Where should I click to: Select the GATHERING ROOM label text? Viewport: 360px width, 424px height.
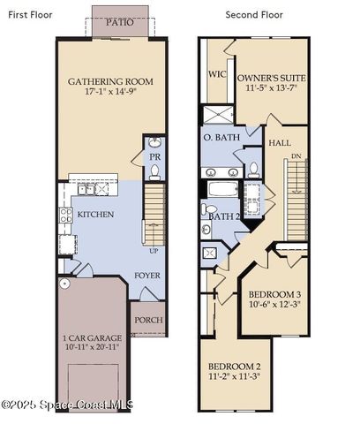click(x=110, y=81)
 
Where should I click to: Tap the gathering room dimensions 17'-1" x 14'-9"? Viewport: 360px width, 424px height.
click(x=110, y=92)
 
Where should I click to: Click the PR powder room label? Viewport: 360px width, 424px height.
click(x=154, y=156)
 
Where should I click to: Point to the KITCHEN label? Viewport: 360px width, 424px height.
click(x=95, y=215)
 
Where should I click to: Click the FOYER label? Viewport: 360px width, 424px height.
click(x=146, y=275)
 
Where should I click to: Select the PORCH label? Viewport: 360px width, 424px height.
click(x=148, y=320)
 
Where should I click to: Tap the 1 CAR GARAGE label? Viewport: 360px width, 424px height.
click(x=91, y=338)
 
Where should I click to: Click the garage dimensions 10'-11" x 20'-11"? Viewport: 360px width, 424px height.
click(x=91, y=349)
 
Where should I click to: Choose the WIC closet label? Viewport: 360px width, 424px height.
click(x=217, y=75)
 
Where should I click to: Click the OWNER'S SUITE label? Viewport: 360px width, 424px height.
click(x=271, y=78)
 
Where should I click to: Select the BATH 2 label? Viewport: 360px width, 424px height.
click(x=224, y=216)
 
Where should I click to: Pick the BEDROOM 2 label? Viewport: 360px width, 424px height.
click(x=234, y=367)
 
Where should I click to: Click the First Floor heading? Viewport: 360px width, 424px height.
click(x=30, y=14)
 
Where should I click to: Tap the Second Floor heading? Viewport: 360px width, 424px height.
click(x=253, y=14)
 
